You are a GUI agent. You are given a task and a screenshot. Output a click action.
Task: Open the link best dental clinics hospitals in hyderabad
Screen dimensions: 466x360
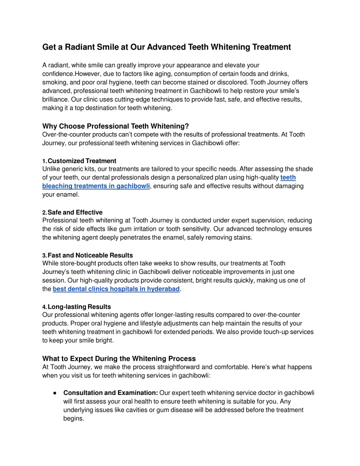coord(116,289)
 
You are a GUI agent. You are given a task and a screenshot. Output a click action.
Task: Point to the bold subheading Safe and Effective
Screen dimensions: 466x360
coord(75,212)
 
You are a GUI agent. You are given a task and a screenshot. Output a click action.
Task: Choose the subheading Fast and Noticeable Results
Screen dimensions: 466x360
coord(90,255)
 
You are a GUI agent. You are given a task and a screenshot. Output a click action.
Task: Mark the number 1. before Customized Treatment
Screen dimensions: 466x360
coord(44,161)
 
